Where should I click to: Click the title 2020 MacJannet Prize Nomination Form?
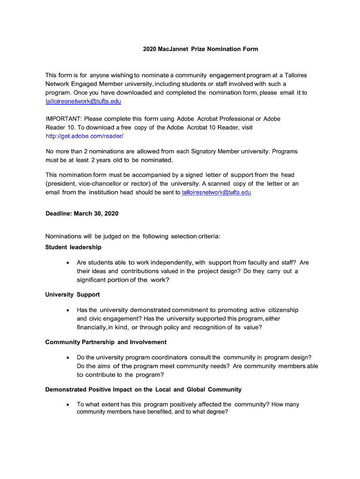pyautogui.click(x=200, y=49)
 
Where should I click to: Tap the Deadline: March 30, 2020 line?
pyautogui.click(x=82, y=214)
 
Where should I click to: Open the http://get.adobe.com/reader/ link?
pyautogui.click(x=84, y=136)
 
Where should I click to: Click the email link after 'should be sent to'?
pyautogui.click(x=216, y=192)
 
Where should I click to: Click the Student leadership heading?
pyautogui.click(x=73, y=247)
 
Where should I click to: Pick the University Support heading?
pyautogui.click(x=72, y=295)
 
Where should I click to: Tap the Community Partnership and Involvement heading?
pyautogui.click(x=106, y=342)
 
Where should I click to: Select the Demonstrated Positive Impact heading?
pyautogui.click(x=143, y=389)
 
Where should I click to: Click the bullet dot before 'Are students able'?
pyautogui.click(x=69, y=263)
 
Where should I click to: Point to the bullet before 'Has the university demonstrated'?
pyautogui.click(x=69, y=310)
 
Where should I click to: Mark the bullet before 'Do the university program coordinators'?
pyautogui.click(x=69, y=358)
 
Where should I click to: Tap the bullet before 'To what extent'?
pyautogui.click(x=69, y=405)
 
